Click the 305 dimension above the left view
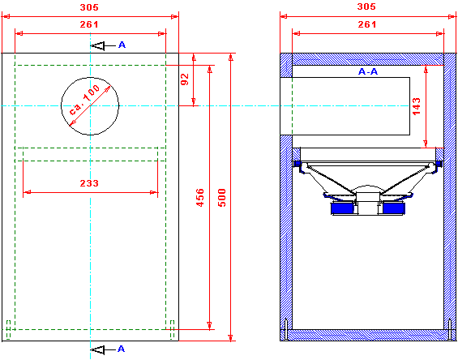(89, 7)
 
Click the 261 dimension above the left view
(89, 24)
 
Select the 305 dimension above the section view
(366, 6)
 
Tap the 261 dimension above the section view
(367, 24)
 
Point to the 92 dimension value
(185, 79)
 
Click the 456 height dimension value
(200, 198)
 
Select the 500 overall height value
(222, 198)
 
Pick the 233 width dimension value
(89, 183)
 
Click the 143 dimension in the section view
(417, 106)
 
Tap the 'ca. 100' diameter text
(84, 100)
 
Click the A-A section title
(368, 71)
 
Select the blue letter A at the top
(122, 45)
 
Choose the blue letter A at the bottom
(121, 349)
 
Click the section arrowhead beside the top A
(98, 46)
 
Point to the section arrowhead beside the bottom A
(98, 349)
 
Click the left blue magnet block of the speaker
(342, 208)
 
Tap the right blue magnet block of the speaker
(393, 208)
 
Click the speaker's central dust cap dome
(368, 188)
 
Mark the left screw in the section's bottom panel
(286, 330)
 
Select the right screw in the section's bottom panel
(450, 330)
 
